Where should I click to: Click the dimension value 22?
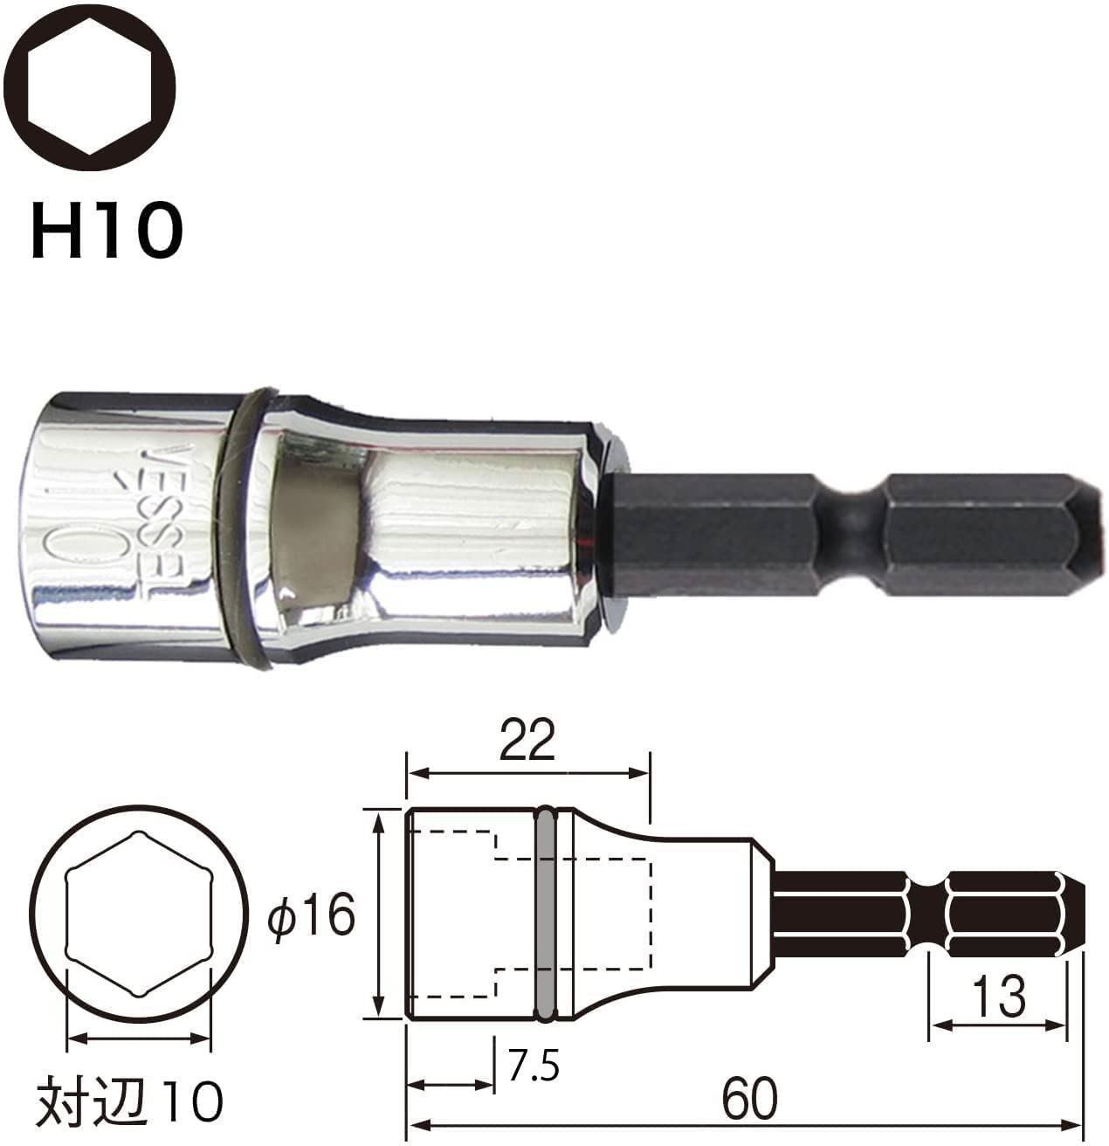pos(528,742)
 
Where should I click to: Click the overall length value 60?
pos(748,1099)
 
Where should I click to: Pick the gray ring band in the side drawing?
pos(546,914)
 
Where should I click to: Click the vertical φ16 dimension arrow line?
pos(379,914)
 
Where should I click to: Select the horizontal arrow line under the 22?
pos(528,772)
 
